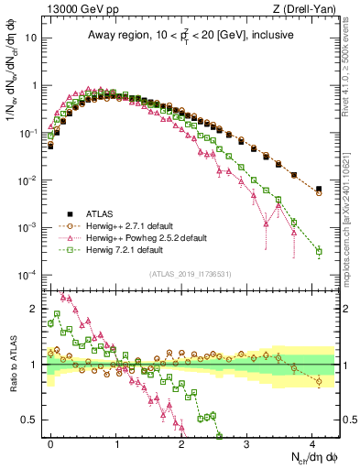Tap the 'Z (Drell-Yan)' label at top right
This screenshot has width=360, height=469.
tap(308, 10)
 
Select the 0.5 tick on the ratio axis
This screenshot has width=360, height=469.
tap(35, 420)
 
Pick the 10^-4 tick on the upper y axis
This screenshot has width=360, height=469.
tap(30, 275)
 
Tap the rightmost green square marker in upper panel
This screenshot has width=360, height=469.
tap(319, 251)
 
